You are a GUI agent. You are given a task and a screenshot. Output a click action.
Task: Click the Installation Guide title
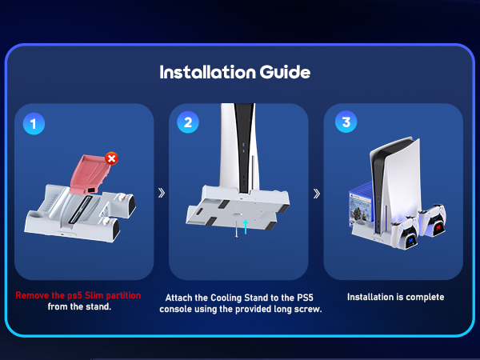pos(234,72)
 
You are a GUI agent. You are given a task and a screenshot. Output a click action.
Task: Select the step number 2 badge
pos(188,122)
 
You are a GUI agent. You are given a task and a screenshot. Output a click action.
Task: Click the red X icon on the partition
pos(111,159)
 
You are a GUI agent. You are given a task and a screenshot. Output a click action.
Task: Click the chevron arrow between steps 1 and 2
pos(161,193)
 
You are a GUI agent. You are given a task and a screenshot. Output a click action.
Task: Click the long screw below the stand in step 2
pos(236,231)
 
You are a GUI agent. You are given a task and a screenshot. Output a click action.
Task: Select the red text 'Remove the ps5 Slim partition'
pos(78,295)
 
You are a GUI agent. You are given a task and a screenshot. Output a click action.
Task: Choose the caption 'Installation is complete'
pos(395,297)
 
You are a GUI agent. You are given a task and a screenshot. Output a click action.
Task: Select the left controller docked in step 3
pos(408,232)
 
